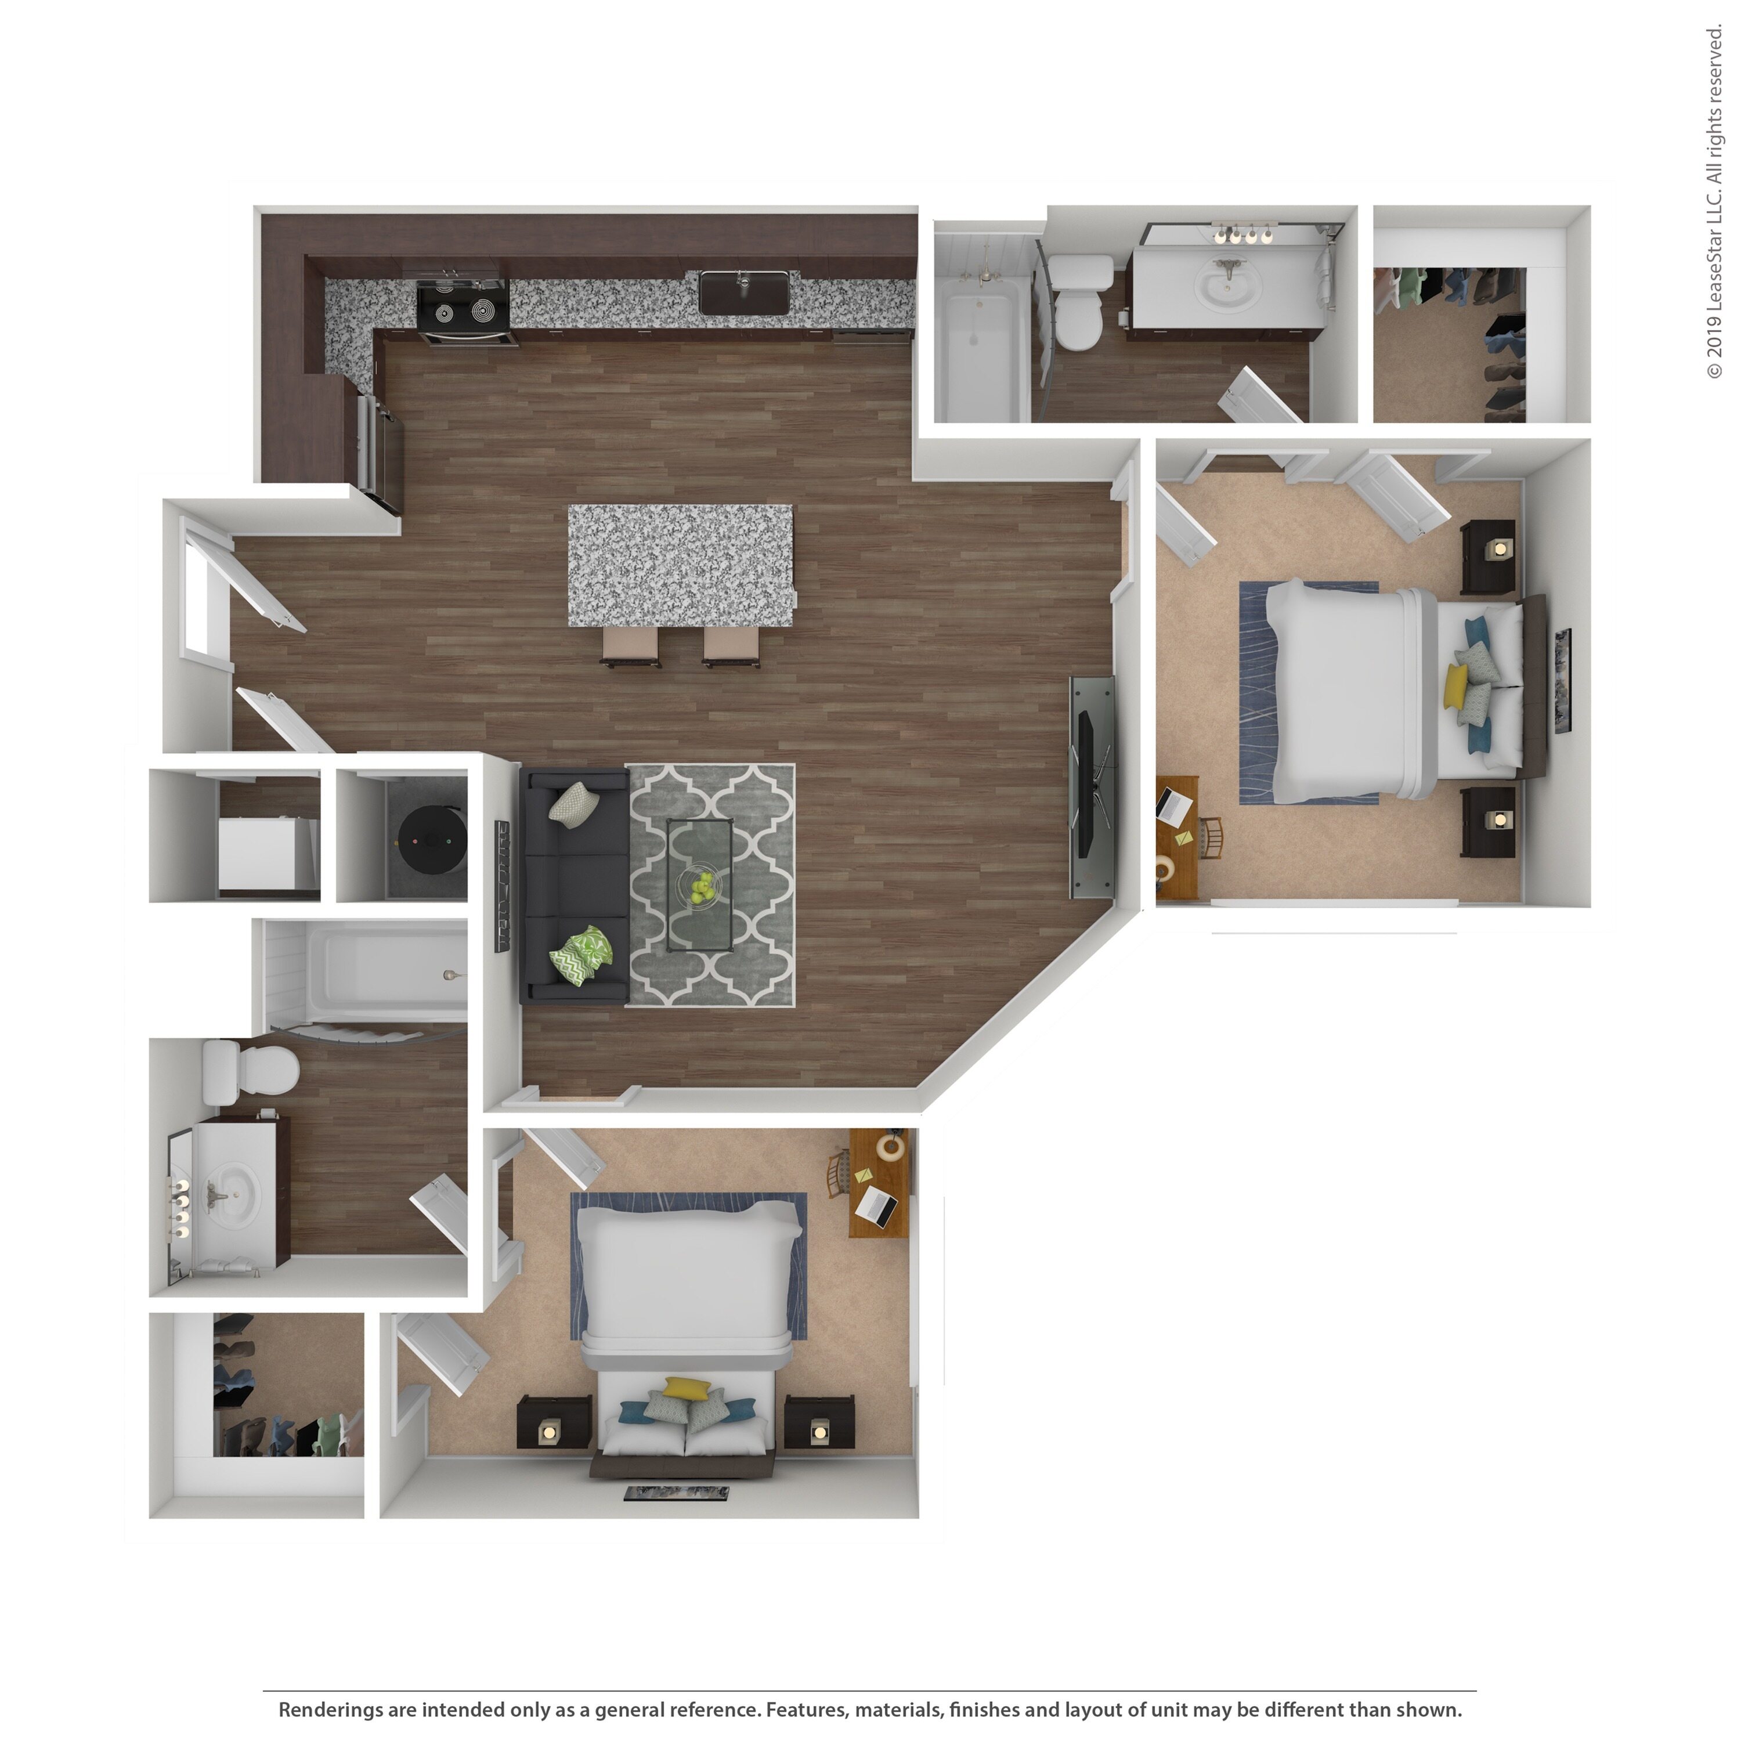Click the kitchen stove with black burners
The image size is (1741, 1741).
[463, 306]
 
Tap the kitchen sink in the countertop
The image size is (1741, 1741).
[745, 293]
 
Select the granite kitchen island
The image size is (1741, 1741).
[680, 565]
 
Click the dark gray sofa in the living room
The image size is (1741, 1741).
[573, 884]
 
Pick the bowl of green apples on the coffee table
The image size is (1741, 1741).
[700, 885]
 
